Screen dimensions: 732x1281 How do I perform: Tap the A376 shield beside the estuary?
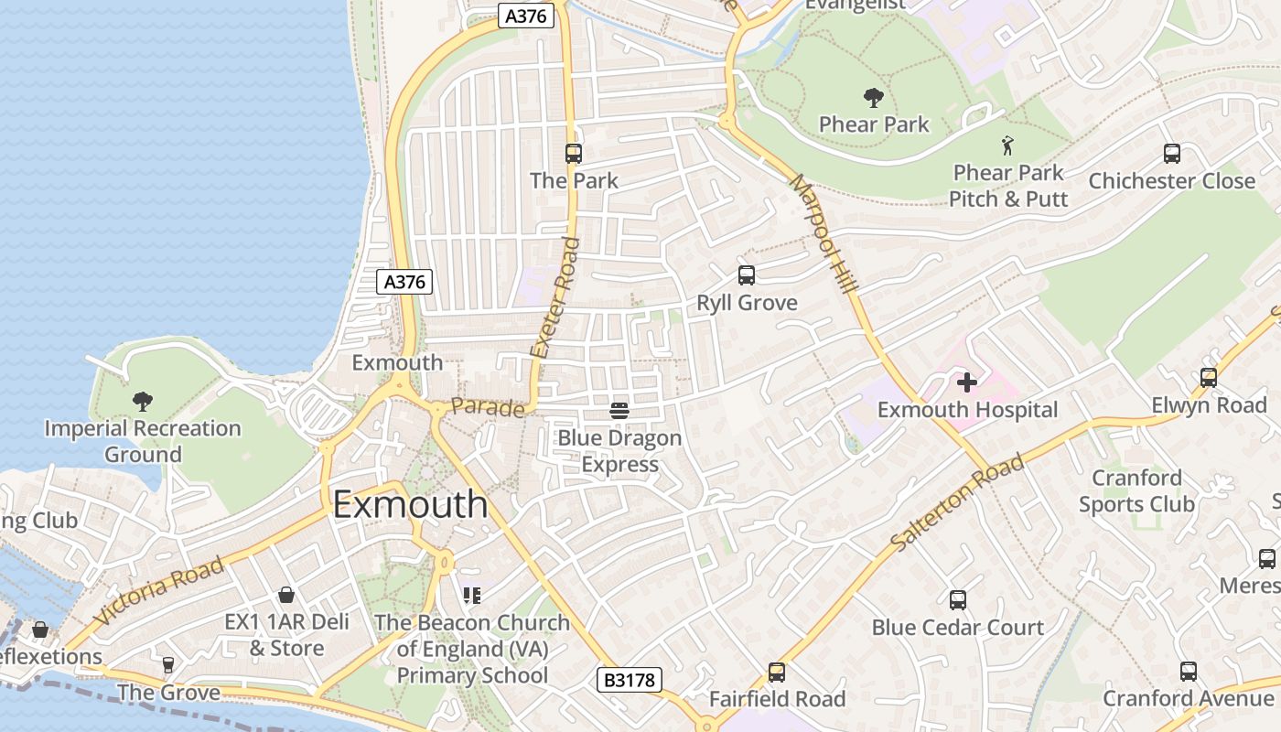pyautogui.click(x=404, y=282)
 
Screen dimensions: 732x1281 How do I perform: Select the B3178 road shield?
pyautogui.click(x=629, y=680)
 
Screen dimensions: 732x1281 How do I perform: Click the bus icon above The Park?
pyautogui.click(x=574, y=154)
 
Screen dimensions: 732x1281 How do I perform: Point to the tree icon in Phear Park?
pyautogui.click(x=873, y=97)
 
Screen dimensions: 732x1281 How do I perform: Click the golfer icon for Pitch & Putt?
pyautogui.click(x=1007, y=145)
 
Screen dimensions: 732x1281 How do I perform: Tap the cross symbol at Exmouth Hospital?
pyautogui.click(x=966, y=382)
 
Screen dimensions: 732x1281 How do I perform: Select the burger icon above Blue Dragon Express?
pyautogui.click(x=619, y=410)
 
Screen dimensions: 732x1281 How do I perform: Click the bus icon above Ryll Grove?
pyautogui.click(x=747, y=274)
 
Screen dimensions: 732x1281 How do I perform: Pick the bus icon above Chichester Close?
pyautogui.click(x=1171, y=154)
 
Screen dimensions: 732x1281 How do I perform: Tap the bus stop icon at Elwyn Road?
pyautogui.click(x=1209, y=377)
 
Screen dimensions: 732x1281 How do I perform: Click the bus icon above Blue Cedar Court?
pyautogui.click(x=958, y=600)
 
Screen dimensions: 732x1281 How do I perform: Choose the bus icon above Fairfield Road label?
pyautogui.click(x=777, y=673)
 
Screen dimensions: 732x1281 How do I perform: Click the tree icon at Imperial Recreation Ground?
pyautogui.click(x=142, y=401)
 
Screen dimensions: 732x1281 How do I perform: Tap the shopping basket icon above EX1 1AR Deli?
pyautogui.click(x=286, y=595)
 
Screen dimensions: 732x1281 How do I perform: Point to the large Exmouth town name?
pyautogui.click(x=410, y=504)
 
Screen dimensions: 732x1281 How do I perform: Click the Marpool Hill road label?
pyautogui.click(x=823, y=233)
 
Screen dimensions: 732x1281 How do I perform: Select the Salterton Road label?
pyautogui.click(x=957, y=503)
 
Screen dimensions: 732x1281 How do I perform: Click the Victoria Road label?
pyautogui.click(x=159, y=590)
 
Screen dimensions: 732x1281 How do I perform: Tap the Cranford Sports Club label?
pyautogui.click(x=1136, y=490)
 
